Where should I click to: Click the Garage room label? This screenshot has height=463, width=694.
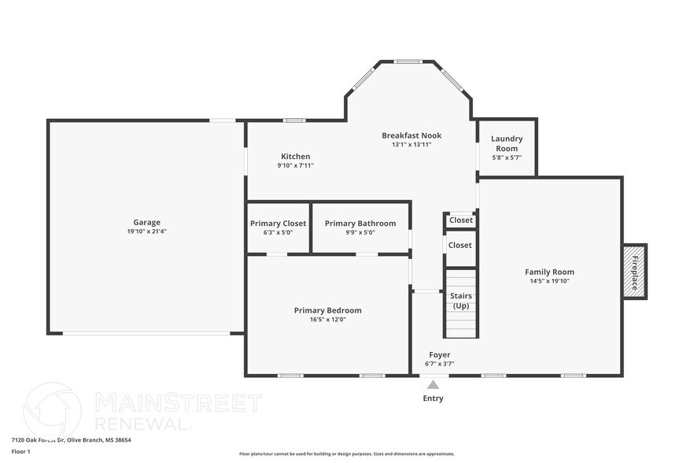tap(146, 222)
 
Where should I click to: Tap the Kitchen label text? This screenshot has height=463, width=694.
tap(295, 156)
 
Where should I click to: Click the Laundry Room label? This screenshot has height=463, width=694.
tap(507, 143)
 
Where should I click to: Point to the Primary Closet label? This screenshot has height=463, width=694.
tap(278, 224)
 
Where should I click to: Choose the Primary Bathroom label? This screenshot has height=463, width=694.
tap(360, 224)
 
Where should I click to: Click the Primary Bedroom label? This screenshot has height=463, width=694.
tap(327, 310)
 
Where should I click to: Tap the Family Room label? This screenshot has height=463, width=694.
tap(549, 272)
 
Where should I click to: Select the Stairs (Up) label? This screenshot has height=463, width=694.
tap(461, 300)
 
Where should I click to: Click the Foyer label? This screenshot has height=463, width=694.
tap(439, 354)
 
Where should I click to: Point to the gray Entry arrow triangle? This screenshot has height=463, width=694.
tap(433, 384)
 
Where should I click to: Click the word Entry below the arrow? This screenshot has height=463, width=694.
tap(433, 398)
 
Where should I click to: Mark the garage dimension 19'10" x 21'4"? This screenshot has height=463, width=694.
tap(146, 231)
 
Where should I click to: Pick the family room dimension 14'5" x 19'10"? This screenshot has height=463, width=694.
tap(549, 281)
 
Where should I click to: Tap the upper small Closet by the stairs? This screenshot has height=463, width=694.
tap(460, 220)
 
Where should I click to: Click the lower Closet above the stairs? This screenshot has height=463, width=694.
tap(460, 245)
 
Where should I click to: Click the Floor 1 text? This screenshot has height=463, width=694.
tap(20, 451)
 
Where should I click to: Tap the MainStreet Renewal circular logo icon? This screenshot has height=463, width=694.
tap(52, 409)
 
